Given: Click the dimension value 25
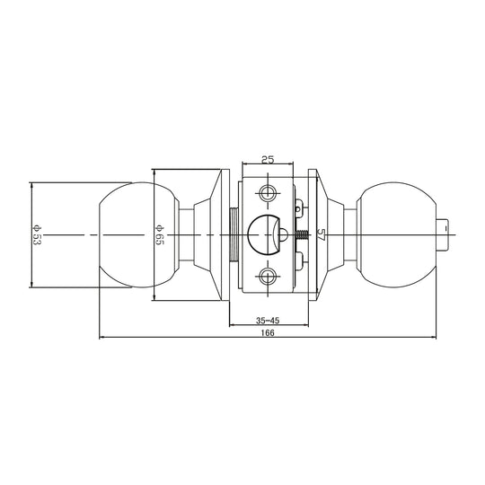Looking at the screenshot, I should point(267,159).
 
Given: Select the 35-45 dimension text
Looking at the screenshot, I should point(266,319).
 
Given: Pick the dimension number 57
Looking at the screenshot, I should point(320,234).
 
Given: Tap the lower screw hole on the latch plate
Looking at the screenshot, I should point(268,275).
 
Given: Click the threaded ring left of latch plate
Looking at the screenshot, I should point(234,235).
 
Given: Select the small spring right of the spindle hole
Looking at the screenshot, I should point(306,236).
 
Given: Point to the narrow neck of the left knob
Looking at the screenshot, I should point(186,235).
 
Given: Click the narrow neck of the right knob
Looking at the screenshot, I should point(348,235).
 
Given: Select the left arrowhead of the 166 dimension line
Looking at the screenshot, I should point(100,339).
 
